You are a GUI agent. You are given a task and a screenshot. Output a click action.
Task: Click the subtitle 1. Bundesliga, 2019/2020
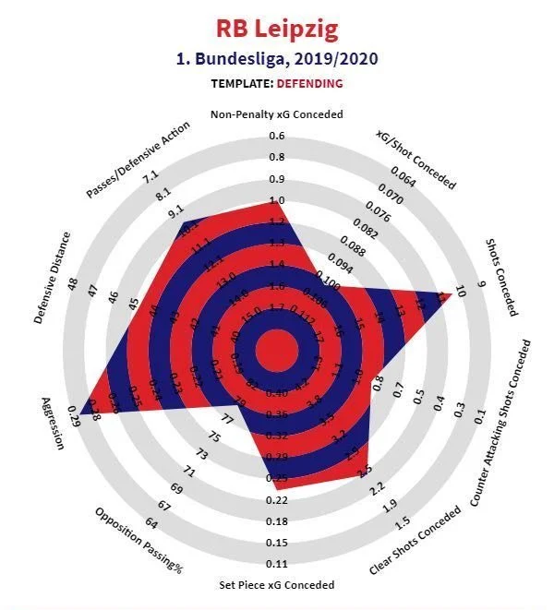point(277,58)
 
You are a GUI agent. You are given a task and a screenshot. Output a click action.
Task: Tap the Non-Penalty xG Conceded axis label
point(277,114)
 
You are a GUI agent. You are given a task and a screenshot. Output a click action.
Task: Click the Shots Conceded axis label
point(502,276)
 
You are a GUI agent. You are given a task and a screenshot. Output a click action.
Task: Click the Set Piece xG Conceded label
point(277,585)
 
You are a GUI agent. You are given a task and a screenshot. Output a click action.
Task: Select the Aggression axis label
point(54,423)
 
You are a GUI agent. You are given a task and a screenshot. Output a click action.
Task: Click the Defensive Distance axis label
point(52,278)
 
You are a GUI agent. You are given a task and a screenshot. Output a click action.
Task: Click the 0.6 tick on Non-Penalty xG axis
point(277,136)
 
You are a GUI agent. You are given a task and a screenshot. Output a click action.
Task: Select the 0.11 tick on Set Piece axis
point(277,564)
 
